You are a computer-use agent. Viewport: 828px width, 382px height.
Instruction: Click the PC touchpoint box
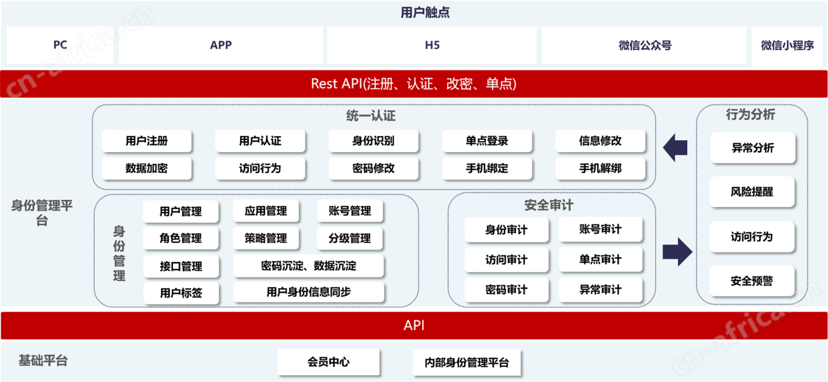coord(60,45)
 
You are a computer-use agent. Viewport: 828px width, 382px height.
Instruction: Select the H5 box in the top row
coord(432,45)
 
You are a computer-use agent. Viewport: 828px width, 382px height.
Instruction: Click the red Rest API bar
coord(413,84)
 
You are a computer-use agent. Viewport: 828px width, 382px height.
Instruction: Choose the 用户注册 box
coord(147,140)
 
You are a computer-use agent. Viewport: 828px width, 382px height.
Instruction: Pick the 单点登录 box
coord(487,140)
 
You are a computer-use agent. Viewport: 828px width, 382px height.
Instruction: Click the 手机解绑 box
coord(601,169)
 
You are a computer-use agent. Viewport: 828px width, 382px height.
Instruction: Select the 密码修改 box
coord(373,169)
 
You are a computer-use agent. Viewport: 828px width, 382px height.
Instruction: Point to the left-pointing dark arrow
coord(675,147)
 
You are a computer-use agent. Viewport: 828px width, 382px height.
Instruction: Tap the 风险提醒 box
coord(752,192)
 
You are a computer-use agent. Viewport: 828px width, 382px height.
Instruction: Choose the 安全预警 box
coord(752,281)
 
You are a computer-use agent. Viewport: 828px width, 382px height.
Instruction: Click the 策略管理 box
coord(266,238)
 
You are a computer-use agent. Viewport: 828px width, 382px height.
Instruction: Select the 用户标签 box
coord(181,293)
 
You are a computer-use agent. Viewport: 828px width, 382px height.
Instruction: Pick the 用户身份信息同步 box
coord(309,292)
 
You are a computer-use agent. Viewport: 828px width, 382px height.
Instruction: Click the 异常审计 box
coord(601,290)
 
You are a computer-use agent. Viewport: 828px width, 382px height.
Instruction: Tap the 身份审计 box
coord(506,230)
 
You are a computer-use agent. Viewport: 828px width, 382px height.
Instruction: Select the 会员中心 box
coord(328,362)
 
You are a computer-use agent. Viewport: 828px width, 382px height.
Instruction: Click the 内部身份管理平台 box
coord(467,363)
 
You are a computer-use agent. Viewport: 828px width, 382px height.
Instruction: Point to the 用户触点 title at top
coord(425,13)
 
